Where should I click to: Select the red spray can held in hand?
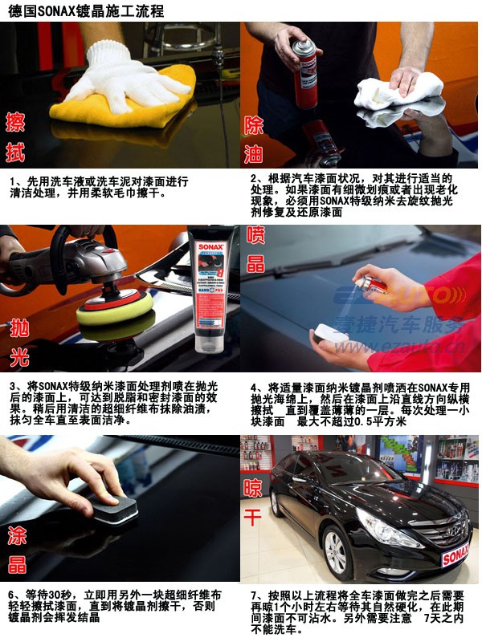point(304,76)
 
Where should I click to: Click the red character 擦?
point(15,122)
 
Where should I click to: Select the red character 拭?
point(15,152)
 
